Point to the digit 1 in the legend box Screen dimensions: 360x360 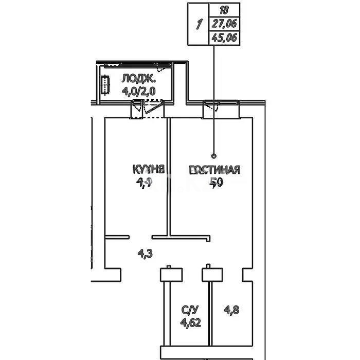198,24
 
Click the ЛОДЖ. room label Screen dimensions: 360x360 139,79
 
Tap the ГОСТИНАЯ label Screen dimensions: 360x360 214,170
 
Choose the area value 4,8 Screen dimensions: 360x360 231,310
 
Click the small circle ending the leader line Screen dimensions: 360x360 214,155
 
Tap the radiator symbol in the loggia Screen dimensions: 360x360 106,85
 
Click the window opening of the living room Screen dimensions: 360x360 221,109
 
